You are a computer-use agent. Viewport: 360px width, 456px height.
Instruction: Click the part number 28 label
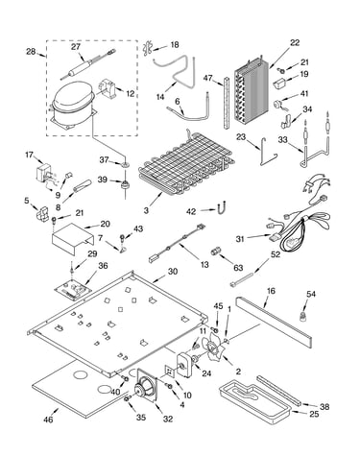[31, 51]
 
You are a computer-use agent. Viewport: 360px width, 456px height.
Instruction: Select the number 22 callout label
[295, 43]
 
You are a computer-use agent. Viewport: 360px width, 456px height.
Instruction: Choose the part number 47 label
[208, 78]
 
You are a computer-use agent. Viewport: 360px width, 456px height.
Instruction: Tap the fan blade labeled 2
[213, 347]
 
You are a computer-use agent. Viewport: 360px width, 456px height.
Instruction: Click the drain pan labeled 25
[255, 401]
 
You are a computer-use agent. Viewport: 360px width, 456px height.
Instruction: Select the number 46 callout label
[48, 420]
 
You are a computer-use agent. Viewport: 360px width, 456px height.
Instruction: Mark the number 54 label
[311, 294]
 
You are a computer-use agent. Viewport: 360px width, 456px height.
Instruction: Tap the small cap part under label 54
[302, 317]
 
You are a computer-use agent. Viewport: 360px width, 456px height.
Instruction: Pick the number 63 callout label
[238, 268]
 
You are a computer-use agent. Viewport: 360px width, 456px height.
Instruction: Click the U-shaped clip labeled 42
[222, 207]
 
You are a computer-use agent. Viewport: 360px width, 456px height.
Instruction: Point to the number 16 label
[271, 291]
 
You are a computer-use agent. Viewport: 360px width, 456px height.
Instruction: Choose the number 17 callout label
[29, 155]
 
